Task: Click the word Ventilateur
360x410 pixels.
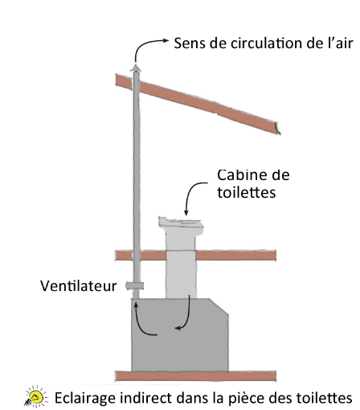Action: pos(79,286)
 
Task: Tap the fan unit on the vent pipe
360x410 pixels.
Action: pos(135,286)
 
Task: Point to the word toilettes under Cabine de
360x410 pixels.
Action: pos(246,192)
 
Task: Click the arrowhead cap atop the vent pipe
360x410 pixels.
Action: pos(136,68)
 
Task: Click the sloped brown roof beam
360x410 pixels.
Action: pos(198,103)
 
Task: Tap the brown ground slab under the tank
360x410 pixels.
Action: pos(195,376)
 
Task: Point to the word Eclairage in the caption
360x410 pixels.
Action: pos(85,398)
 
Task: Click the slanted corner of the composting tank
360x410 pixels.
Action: pos(219,306)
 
